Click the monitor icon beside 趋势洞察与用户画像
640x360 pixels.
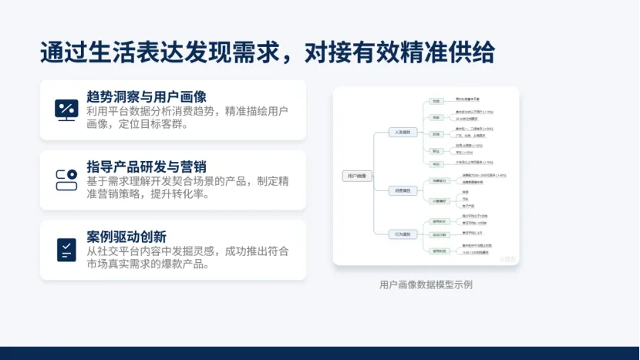[66, 109]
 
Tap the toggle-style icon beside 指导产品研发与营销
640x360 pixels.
[66, 180]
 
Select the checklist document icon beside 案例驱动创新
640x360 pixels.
[66, 249]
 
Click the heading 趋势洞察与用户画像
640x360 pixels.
[147, 96]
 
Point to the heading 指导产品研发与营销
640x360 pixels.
[147, 167]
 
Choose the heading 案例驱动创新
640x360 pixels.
[126, 237]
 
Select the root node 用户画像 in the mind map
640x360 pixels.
[357, 176]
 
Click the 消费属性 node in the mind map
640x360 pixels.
[403, 190]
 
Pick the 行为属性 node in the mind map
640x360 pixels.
[403, 233]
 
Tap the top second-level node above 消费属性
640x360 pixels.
[403, 133]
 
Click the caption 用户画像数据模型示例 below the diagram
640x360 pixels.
[426, 284]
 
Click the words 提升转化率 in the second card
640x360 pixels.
[180, 193]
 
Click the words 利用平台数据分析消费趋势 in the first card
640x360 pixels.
[143, 111]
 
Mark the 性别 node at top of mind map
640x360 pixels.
[436, 101]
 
